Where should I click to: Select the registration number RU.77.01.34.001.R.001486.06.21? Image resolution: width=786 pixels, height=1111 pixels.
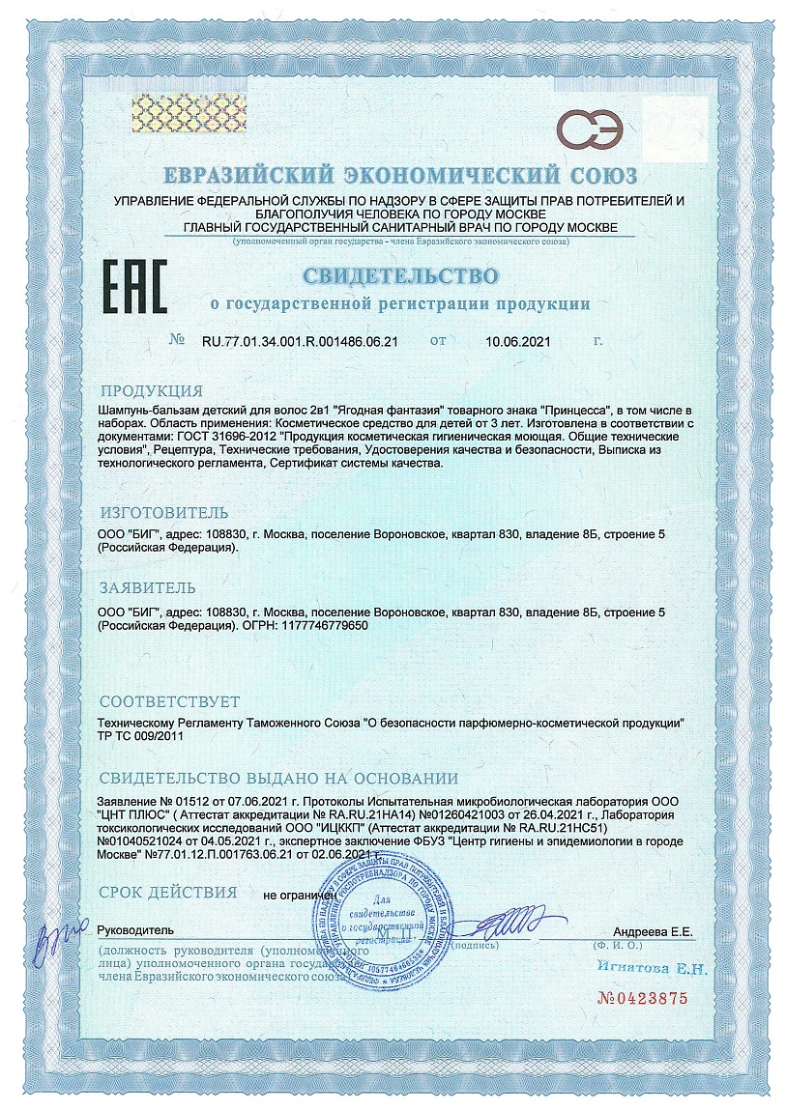point(300,341)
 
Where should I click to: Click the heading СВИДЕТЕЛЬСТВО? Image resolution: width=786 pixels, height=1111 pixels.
point(400,276)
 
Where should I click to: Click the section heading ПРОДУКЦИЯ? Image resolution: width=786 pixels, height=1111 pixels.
point(152,391)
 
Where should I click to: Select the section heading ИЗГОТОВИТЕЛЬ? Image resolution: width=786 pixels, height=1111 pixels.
point(164,512)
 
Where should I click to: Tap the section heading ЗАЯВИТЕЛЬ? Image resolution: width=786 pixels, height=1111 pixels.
point(148,587)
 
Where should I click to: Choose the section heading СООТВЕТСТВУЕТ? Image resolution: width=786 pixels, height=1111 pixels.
point(170,700)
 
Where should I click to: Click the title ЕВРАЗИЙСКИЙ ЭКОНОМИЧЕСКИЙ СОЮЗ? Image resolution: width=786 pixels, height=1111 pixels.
point(399,176)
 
